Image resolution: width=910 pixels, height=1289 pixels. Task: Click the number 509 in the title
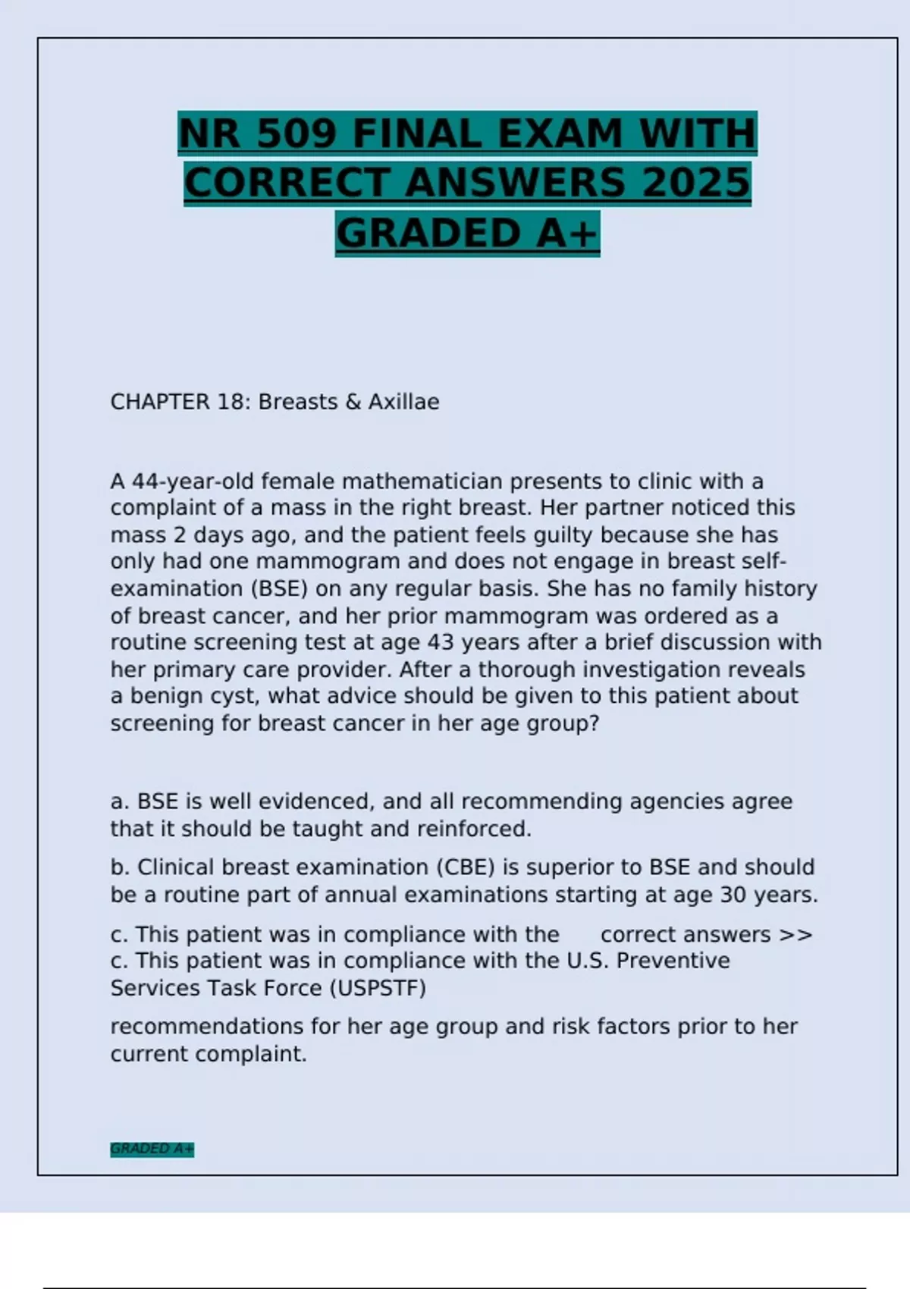coord(297,133)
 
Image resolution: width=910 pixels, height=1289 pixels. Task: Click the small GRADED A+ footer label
coord(152,1149)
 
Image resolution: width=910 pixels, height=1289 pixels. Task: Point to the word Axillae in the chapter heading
coord(403,402)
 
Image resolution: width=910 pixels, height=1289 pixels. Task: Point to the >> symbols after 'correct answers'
coord(795,935)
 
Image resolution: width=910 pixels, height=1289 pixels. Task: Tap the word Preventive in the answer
coord(673,961)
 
